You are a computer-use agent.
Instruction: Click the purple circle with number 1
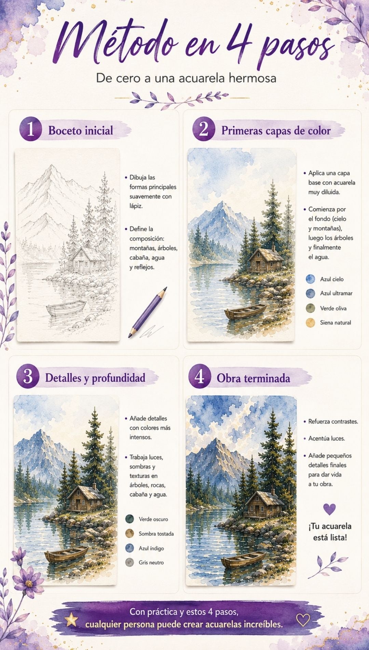coord(31,130)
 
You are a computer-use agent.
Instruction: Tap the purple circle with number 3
coord(28,377)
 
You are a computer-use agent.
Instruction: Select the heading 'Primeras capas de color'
coord(276,131)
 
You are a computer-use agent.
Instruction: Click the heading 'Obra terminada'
coord(253,378)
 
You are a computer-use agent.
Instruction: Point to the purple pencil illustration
coord(148,312)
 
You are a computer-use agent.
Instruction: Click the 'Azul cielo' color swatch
coord(311,279)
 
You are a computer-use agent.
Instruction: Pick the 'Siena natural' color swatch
coord(311,323)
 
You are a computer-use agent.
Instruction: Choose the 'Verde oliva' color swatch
coord(311,308)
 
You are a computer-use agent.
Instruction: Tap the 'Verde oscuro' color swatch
coord(130,519)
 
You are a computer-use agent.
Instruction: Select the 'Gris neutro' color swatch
coord(130,562)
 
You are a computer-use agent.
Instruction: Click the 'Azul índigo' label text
coord(151,548)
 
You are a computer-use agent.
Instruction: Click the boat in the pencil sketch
coord(66,309)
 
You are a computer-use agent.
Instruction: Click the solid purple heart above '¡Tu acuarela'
coord(329,509)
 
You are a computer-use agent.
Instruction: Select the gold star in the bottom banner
coord(71,619)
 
